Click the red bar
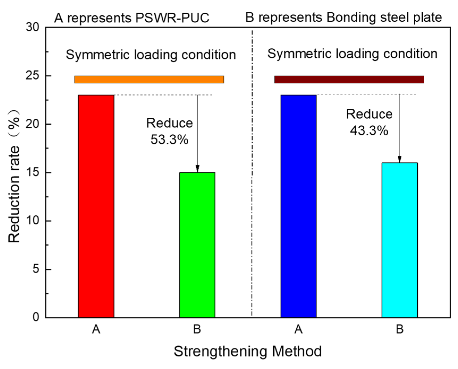(96, 206)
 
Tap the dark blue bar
(299, 206)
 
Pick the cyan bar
(400, 240)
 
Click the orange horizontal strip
(149, 80)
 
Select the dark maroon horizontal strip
(349, 80)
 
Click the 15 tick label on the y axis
(32, 173)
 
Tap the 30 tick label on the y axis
(32, 27)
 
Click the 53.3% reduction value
(169, 139)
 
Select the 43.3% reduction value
(369, 130)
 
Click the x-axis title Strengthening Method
(248, 352)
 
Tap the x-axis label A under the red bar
(96, 330)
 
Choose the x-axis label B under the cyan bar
(400, 330)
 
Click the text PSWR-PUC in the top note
(172, 18)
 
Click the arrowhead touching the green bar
(197, 169)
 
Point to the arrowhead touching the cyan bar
(400, 159)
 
